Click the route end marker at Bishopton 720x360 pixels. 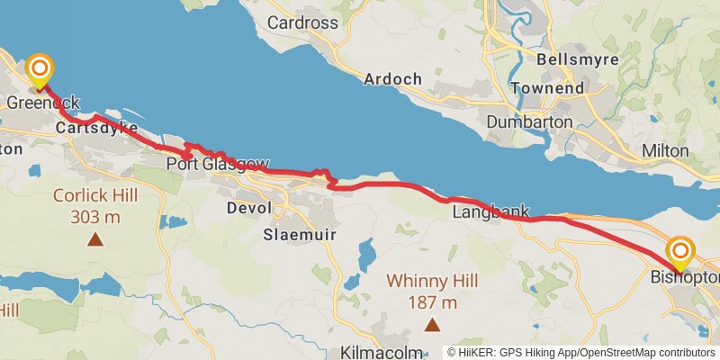pyautogui.click(x=681, y=250)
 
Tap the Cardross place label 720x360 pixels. pyautogui.click(x=303, y=22)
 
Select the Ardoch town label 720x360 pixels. pyautogui.click(x=392, y=79)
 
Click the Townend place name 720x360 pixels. pyautogui.click(x=546, y=88)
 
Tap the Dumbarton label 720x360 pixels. pyautogui.click(x=528, y=121)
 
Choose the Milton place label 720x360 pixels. pyautogui.click(x=666, y=150)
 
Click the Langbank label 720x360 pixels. pyautogui.click(x=486, y=212)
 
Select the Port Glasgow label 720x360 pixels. pyautogui.click(x=217, y=165)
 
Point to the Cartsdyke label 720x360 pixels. pyautogui.click(x=95, y=129)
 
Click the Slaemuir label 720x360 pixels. pyautogui.click(x=292, y=235)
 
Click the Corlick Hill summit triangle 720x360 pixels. pyautogui.click(x=94, y=239)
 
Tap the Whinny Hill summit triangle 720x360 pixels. pyautogui.click(x=433, y=324)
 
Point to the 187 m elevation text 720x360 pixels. pyautogui.click(x=432, y=301)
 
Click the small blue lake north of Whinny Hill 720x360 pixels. pyautogui.click(x=366, y=255)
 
